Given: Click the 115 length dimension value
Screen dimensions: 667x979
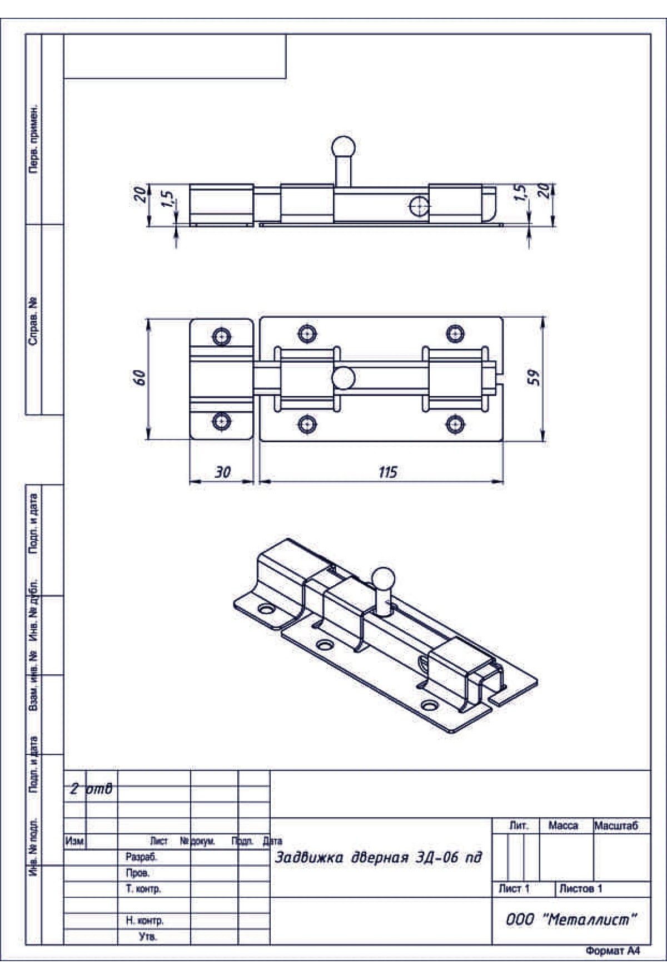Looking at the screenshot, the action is (388, 472).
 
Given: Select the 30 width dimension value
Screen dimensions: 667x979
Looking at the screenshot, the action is (222, 472).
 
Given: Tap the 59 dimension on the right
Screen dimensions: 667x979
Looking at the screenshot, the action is (534, 378).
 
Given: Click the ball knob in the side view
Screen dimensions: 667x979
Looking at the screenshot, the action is (344, 148).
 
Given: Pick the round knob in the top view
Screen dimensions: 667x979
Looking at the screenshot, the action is (344, 378).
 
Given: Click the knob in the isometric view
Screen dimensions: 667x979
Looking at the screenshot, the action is (382, 578).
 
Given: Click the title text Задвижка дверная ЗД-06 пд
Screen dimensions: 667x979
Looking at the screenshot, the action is (379, 857).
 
